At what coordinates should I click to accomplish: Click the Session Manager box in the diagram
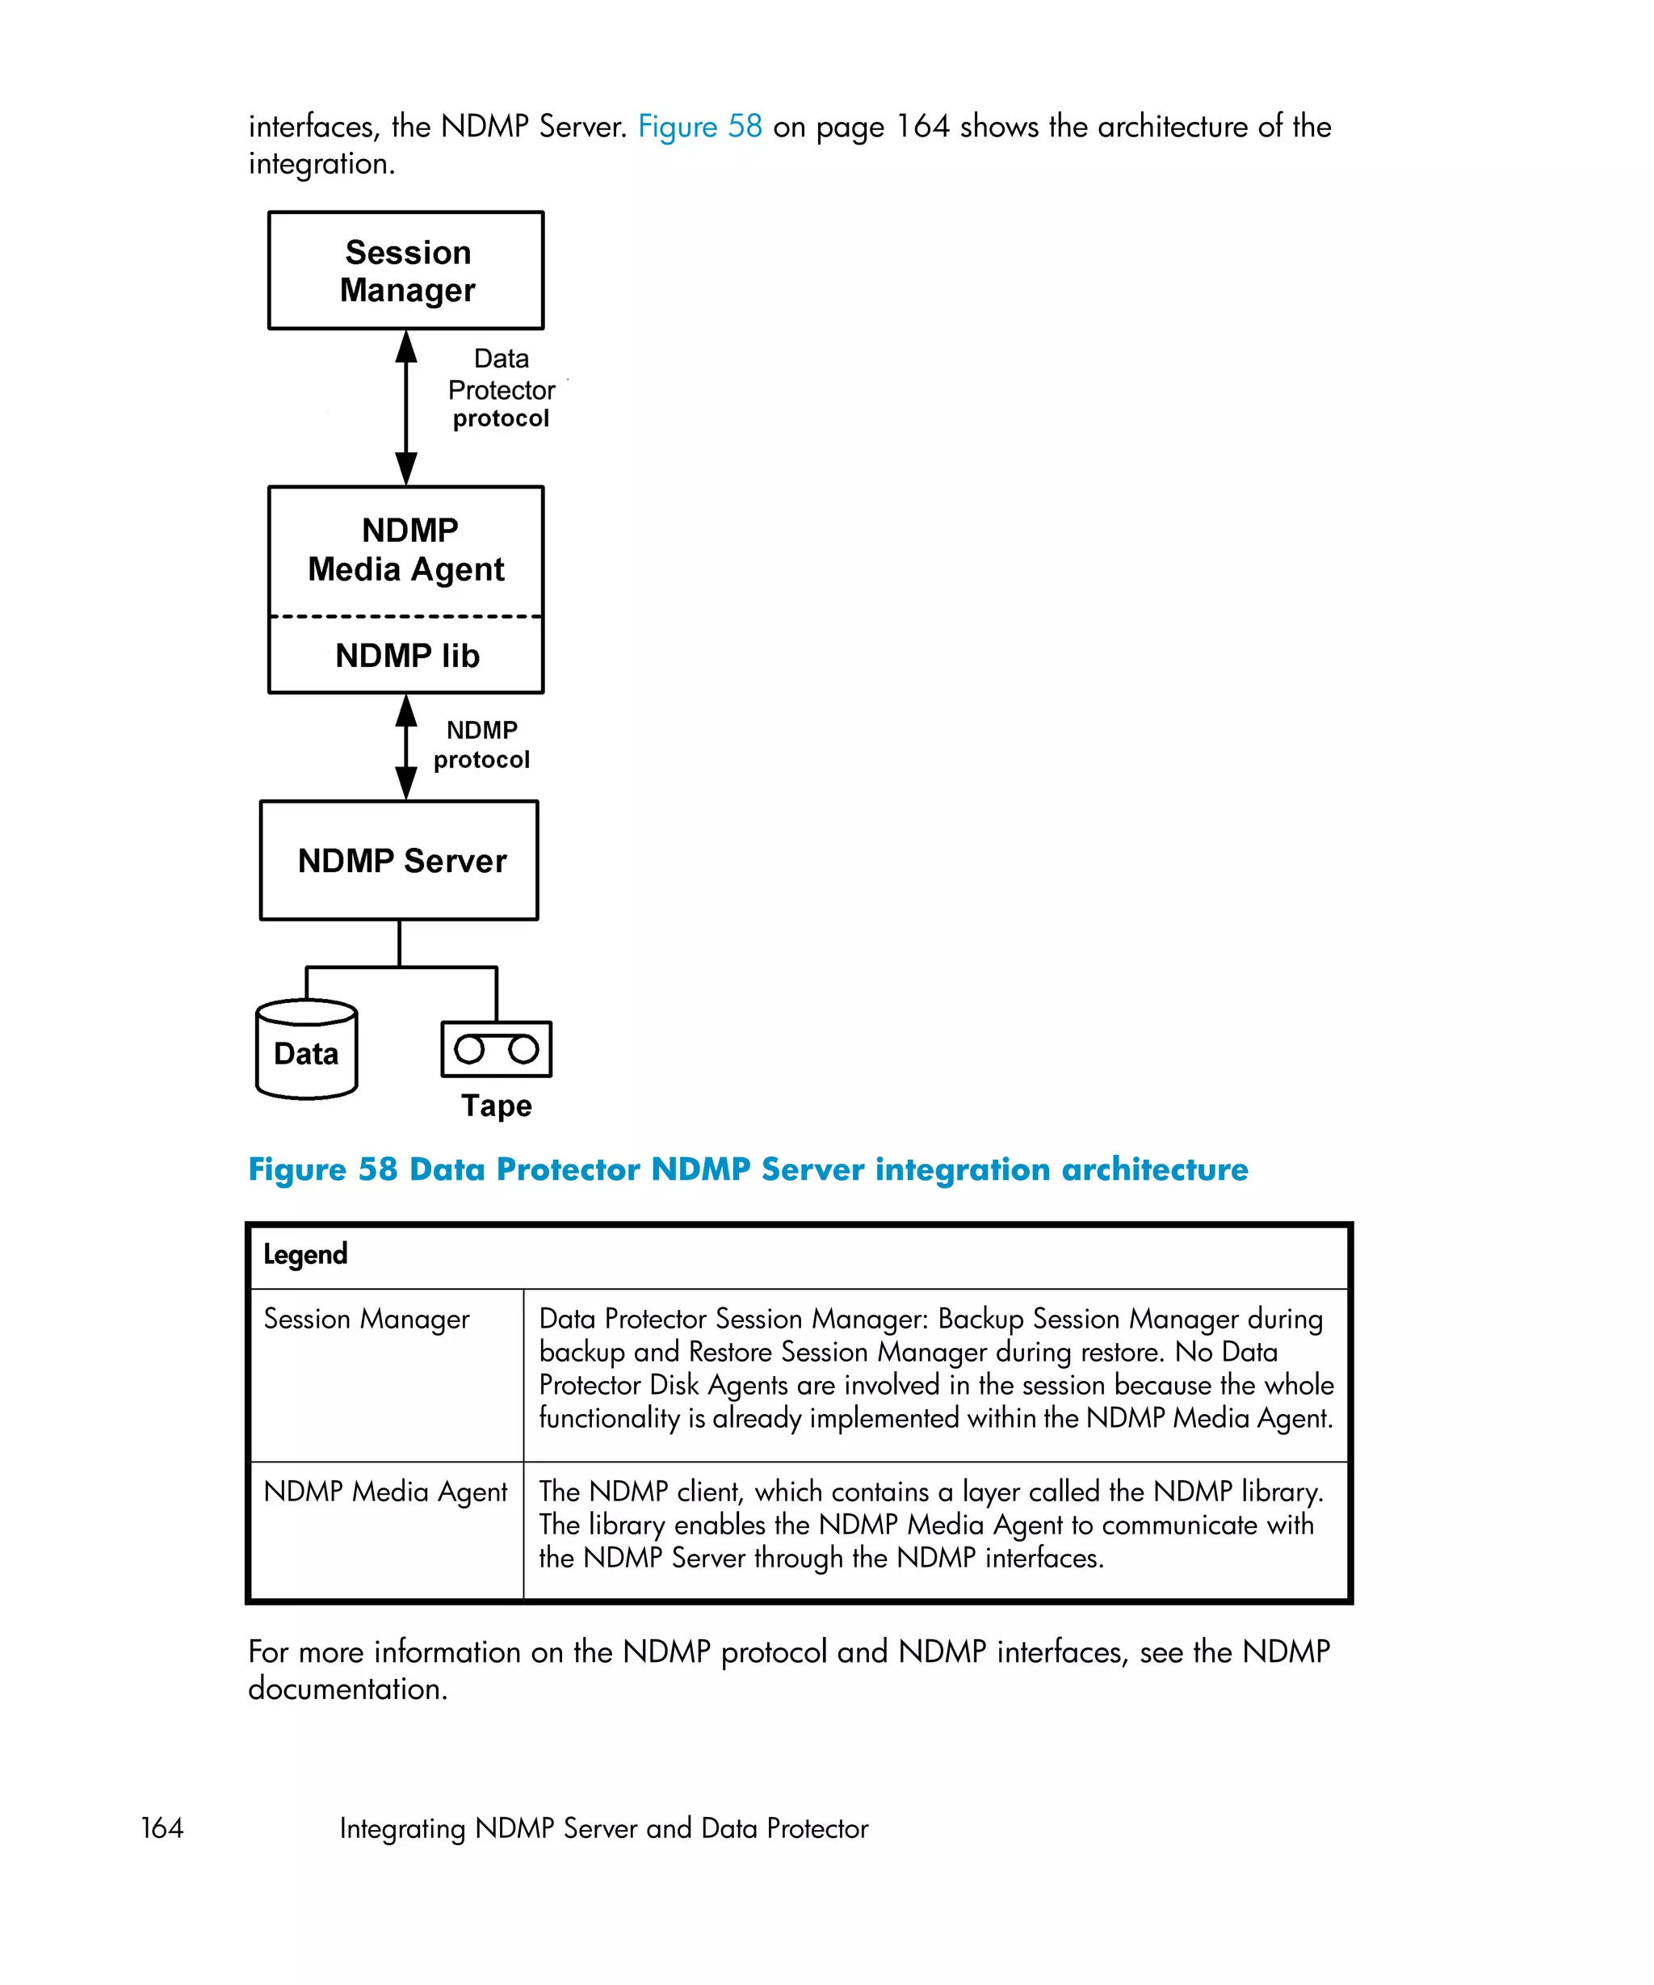(x=405, y=271)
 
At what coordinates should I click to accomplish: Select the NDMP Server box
(x=399, y=860)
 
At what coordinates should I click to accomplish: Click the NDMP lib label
(x=407, y=655)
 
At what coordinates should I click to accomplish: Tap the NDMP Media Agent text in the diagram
(x=407, y=549)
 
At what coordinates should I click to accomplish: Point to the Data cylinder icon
(x=306, y=1051)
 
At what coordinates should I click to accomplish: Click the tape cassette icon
(x=496, y=1048)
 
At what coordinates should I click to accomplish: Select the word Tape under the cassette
(x=496, y=1105)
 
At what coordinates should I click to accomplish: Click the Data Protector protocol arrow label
(x=501, y=388)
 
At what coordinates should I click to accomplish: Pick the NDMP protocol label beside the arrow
(x=481, y=745)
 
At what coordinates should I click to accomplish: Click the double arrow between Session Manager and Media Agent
(x=406, y=407)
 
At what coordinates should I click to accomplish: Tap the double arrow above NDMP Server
(x=406, y=747)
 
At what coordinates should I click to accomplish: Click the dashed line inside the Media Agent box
(x=405, y=616)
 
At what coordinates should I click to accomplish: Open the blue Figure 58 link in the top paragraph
(x=699, y=127)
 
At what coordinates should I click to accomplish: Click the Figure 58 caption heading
(x=747, y=1169)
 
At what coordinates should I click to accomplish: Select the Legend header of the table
(x=305, y=1254)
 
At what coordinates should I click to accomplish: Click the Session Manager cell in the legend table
(x=366, y=1319)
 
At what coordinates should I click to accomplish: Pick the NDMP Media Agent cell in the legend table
(x=384, y=1492)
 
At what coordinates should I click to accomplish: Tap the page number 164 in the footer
(x=162, y=1828)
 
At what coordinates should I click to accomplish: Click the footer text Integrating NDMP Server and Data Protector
(x=603, y=1828)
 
